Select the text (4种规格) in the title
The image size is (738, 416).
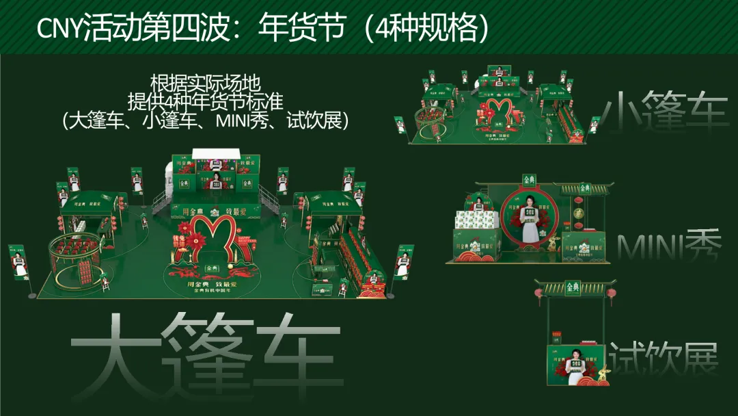426,29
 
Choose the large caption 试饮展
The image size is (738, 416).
664,358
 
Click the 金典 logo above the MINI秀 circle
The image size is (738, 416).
530,181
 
